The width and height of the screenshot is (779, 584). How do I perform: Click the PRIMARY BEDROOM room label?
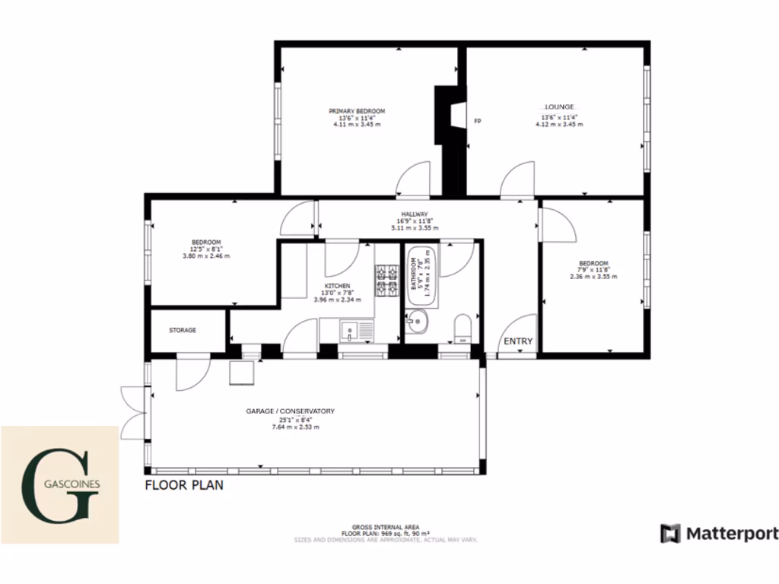pos(357,111)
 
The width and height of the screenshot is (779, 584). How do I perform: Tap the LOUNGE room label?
pos(558,106)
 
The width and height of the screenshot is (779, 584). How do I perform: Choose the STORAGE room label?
pos(183,330)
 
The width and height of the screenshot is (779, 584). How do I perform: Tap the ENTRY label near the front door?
pos(518,341)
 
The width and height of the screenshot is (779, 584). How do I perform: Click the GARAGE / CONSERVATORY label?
pos(290,411)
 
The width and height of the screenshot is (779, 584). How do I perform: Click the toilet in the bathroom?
pos(462,328)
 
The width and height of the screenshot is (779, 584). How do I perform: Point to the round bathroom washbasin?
pos(417,324)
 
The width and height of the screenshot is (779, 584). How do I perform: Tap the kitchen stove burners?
pos(386,280)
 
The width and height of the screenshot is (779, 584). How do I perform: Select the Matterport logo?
pos(720,533)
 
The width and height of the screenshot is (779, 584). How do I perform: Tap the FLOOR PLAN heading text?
pos(184,484)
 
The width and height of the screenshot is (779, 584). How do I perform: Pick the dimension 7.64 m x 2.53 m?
pos(290,427)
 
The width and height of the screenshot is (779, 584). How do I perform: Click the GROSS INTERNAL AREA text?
pos(385,526)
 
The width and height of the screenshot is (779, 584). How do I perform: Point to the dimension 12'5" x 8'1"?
pos(206,249)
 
